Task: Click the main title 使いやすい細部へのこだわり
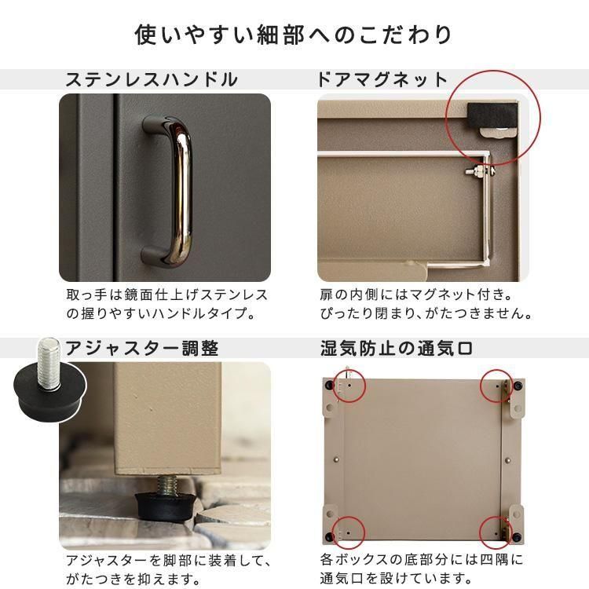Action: [294, 35]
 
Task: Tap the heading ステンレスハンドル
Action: [152, 79]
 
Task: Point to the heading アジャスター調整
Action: [141, 348]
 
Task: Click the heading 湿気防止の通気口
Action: [397, 348]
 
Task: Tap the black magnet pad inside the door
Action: [492, 115]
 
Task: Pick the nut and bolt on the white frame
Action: [480, 172]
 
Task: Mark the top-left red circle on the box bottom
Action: [349, 371]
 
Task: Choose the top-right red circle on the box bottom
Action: [497, 371]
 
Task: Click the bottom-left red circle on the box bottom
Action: [348, 518]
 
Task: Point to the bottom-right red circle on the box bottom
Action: [496, 518]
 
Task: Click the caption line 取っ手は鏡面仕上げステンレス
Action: [166, 294]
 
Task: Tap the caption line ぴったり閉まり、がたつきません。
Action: [426, 313]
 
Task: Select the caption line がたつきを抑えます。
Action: [133, 579]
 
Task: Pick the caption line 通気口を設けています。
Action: [396, 578]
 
